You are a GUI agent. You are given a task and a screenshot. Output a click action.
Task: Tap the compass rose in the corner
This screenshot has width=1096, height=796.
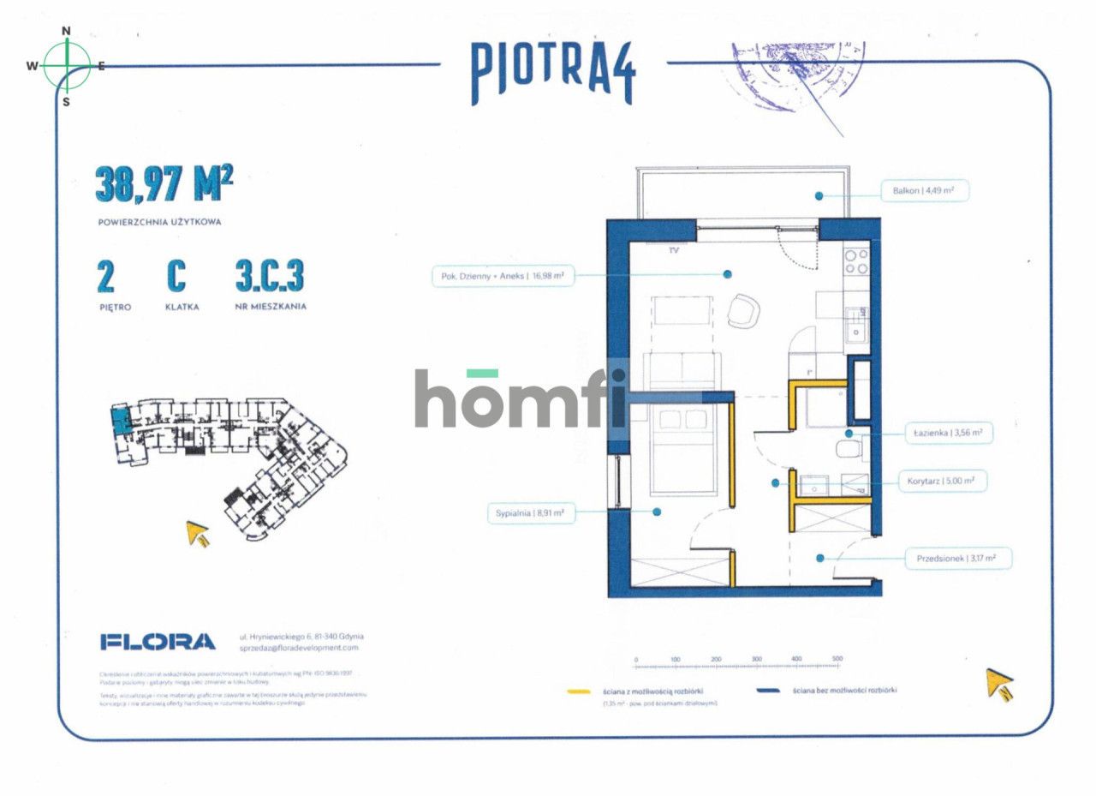pos(67,65)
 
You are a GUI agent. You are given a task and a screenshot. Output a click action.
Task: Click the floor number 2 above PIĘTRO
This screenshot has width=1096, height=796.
pos(107,277)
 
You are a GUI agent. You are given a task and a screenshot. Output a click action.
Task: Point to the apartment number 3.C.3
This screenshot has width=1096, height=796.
pos(270,277)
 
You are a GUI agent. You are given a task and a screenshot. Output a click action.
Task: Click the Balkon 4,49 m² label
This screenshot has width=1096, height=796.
pos(925,191)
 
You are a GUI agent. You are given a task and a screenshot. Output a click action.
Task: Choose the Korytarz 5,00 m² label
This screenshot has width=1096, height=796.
pos(941,482)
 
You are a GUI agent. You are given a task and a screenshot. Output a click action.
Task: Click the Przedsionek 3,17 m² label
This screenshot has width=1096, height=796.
pos(957,559)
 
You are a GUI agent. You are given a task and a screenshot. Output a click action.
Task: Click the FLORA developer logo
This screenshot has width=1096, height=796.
pos(158,641)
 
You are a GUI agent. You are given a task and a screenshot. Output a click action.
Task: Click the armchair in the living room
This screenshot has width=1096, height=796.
pos(742,310)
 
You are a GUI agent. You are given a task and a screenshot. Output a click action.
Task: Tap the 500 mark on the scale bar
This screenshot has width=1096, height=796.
pos(837,659)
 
